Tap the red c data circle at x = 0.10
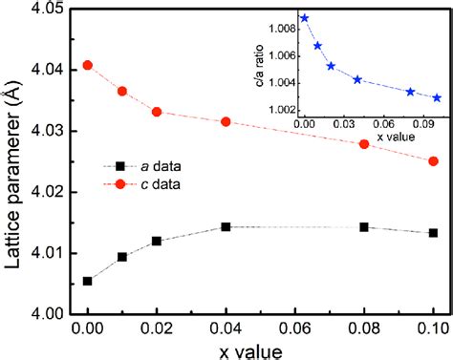(x=433, y=161)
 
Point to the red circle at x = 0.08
(x=364, y=143)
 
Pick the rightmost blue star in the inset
(x=437, y=97)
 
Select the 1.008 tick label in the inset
(x=280, y=30)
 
